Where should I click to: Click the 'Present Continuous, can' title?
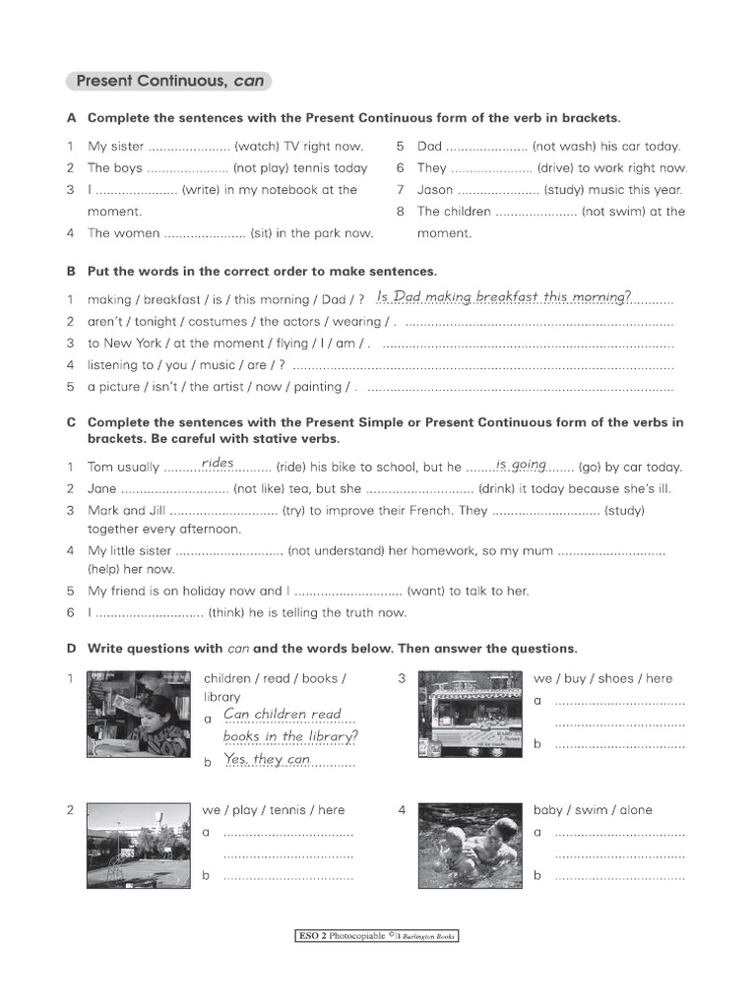[168, 82]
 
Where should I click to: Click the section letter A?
[71, 118]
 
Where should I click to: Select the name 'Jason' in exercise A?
[435, 190]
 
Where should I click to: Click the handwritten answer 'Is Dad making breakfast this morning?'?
[504, 296]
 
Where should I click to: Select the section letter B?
[71, 271]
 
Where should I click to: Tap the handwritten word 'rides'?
[218, 463]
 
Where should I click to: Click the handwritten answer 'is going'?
[521, 464]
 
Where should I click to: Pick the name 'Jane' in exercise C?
[102, 489]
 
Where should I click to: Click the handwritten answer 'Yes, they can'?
[267, 759]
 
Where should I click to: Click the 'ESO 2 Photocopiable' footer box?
[377, 936]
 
